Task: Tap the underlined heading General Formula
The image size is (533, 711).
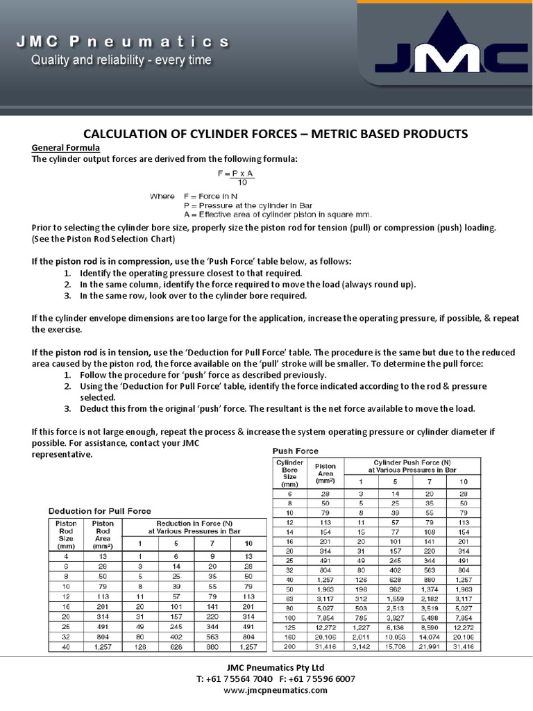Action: point(66,148)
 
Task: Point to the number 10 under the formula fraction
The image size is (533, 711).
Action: point(242,182)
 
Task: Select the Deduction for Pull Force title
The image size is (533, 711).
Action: point(99,510)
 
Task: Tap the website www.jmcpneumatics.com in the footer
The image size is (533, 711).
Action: point(266,690)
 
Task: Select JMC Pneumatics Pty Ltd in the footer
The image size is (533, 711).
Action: point(266,667)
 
